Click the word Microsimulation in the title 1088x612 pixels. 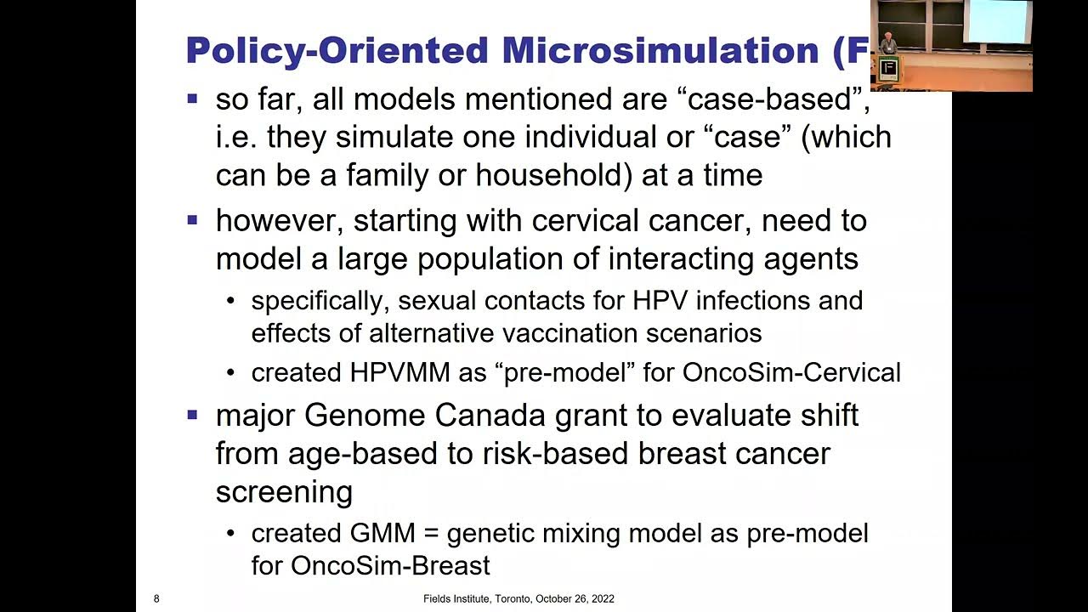[659, 51]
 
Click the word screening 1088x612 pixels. [284, 491]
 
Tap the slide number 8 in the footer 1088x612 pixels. [156, 599]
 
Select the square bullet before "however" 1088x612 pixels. [192, 221]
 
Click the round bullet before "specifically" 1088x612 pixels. [231, 301]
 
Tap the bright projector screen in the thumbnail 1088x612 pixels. [999, 21]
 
